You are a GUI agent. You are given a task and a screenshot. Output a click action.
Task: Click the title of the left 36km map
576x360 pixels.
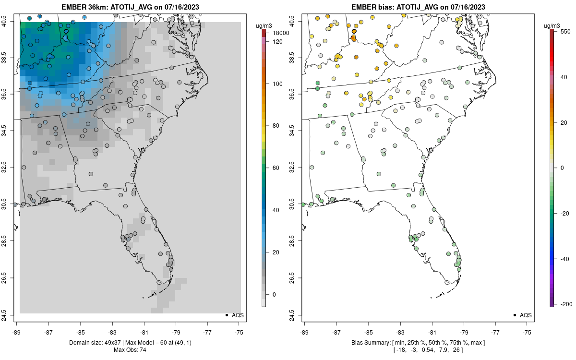pyautogui.click(x=130, y=7)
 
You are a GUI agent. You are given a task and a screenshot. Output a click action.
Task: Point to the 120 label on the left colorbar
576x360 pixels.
pyautogui.click(x=278, y=42)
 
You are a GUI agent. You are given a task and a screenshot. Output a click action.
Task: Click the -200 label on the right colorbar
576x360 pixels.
pyautogui.click(x=567, y=304)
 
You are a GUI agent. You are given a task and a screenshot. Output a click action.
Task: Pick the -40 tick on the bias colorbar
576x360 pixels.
pyautogui.click(x=565, y=259)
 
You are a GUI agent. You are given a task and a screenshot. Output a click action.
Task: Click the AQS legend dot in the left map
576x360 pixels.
pyautogui.click(x=226, y=315)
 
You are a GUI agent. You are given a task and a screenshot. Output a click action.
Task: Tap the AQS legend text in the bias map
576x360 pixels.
pyautogui.click(x=526, y=315)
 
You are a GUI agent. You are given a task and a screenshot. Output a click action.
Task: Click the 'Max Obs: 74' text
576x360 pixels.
pyautogui.click(x=130, y=349)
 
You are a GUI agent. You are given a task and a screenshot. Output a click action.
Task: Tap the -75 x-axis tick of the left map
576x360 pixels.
pyautogui.click(x=240, y=332)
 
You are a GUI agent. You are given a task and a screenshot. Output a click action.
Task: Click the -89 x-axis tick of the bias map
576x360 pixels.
pyautogui.click(x=305, y=332)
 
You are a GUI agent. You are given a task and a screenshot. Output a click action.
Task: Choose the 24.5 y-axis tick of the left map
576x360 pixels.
pyautogui.click(x=10, y=315)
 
